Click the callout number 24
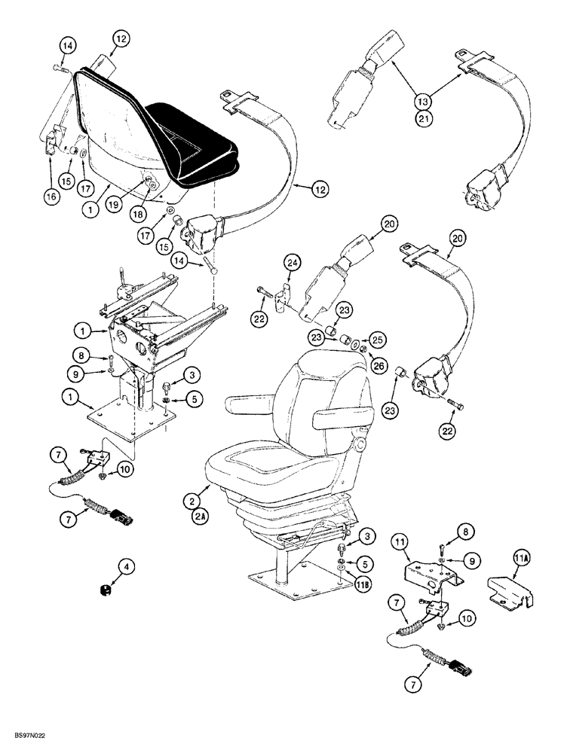293,263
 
